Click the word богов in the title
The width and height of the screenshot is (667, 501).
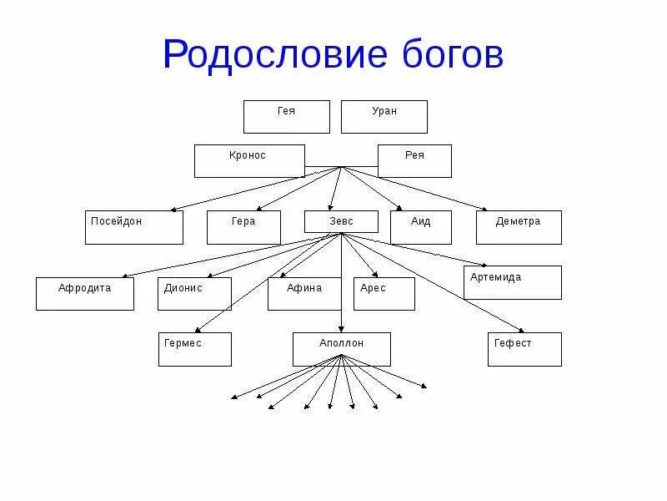pyautogui.click(x=449, y=54)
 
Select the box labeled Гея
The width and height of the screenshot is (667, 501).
pyautogui.click(x=286, y=117)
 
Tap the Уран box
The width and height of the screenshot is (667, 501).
pyautogui.click(x=384, y=117)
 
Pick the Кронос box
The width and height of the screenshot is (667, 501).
pyautogui.click(x=248, y=161)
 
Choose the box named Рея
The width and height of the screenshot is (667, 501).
pyautogui.click(x=414, y=161)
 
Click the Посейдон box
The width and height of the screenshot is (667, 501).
pyautogui.click(x=133, y=227)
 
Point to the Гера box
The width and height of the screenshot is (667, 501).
pyautogui.click(x=243, y=227)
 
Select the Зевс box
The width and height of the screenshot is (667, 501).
pyautogui.click(x=341, y=222)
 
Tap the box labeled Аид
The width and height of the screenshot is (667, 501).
pyautogui.click(x=420, y=227)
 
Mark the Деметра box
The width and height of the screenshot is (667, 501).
pyautogui.click(x=519, y=227)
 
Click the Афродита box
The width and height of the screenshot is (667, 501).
pyautogui.click(x=84, y=294)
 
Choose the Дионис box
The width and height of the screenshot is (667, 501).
pyautogui.click(x=194, y=294)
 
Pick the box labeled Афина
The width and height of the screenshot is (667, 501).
pyautogui.click(x=304, y=294)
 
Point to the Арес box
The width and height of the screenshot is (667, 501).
pyautogui.click(x=384, y=294)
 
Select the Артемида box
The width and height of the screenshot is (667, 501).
pyautogui.click(x=512, y=282)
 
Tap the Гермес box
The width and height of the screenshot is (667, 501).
pyautogui.click(x=194, y=349)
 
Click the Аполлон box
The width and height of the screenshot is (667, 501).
pyautogui.click(x=341, y=349)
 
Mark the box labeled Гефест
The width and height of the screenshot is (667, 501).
pyautogui.click(x=524, y=349)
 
